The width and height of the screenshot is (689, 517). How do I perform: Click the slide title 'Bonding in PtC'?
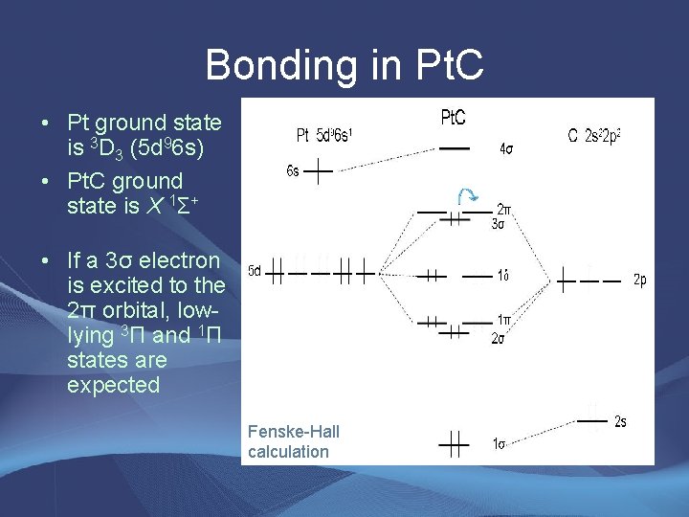[x=344, y=65]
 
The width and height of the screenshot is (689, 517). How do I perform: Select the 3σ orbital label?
[x=499, y=225]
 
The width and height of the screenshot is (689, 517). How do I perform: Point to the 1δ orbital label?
[x=502, y=276]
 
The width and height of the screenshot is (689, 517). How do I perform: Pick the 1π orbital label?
[x=503, y=320]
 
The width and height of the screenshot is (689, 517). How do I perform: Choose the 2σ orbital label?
[x=499, y=337]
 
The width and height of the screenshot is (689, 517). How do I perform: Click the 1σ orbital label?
[x=499, y=443]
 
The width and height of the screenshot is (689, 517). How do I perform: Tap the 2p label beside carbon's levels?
[x=640, y=281]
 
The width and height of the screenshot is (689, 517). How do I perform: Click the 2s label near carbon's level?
[x=620, y=420]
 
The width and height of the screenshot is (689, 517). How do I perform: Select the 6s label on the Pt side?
[x=293, y=171]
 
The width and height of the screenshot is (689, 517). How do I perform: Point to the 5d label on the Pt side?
[x=255, y=271]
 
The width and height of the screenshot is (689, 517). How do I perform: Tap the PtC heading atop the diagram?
[x=453, y=118]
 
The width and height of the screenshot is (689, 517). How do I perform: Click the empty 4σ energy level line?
[x=454, y=149]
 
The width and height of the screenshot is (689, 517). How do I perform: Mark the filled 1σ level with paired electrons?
[x=454, y=442]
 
